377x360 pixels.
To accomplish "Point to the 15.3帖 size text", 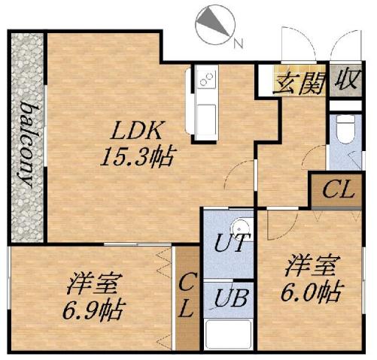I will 138,156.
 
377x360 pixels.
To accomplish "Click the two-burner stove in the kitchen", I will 206,77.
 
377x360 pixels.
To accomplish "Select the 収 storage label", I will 346,80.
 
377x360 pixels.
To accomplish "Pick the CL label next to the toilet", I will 336,191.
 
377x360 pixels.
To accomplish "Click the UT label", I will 229,245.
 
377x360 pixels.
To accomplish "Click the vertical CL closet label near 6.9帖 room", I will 187,296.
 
